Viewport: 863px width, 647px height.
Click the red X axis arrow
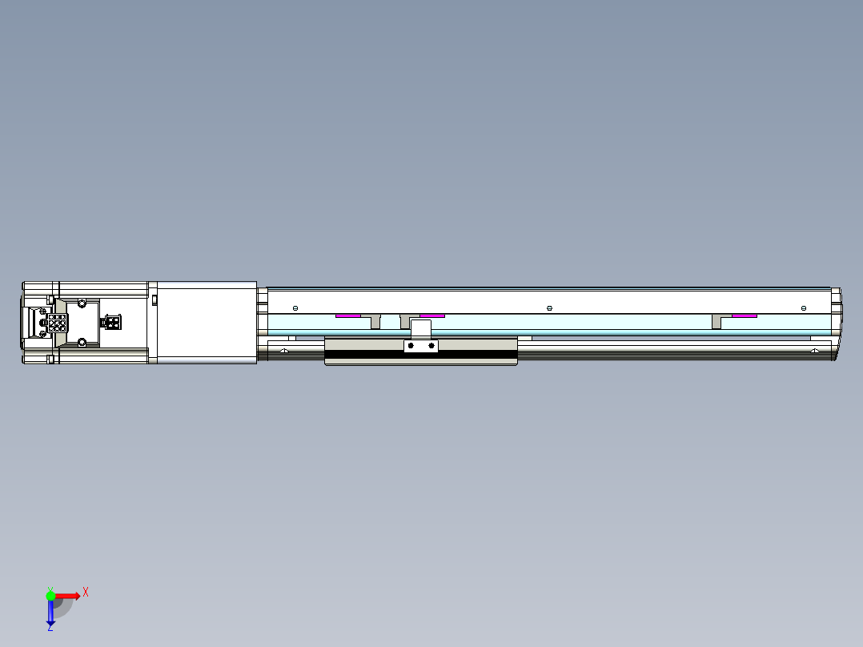pos(68,595)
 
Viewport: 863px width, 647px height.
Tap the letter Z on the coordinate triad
pos(50,627)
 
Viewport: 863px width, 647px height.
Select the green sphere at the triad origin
pos(50,595)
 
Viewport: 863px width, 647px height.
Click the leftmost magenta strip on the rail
pos(347,315)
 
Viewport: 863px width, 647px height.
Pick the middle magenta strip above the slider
pos(432,315)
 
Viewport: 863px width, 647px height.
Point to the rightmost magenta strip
pos(745,315)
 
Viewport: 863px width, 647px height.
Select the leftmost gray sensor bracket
pos(375,321)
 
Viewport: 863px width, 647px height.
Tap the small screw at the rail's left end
pos(295,308)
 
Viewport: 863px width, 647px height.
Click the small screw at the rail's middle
pos(549,308)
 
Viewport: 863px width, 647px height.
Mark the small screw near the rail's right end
pos(804,308)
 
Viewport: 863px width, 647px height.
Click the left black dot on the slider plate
pos(411,346)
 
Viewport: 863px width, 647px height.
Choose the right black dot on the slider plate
pos(431,346)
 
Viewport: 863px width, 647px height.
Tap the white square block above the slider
pos(421,328)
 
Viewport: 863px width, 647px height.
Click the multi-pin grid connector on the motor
pos(58,323)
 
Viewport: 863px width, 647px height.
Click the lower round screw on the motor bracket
pos(82,343)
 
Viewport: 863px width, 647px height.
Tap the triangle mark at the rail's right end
pos(814,351)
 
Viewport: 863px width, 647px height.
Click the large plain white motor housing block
pos(207,323)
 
